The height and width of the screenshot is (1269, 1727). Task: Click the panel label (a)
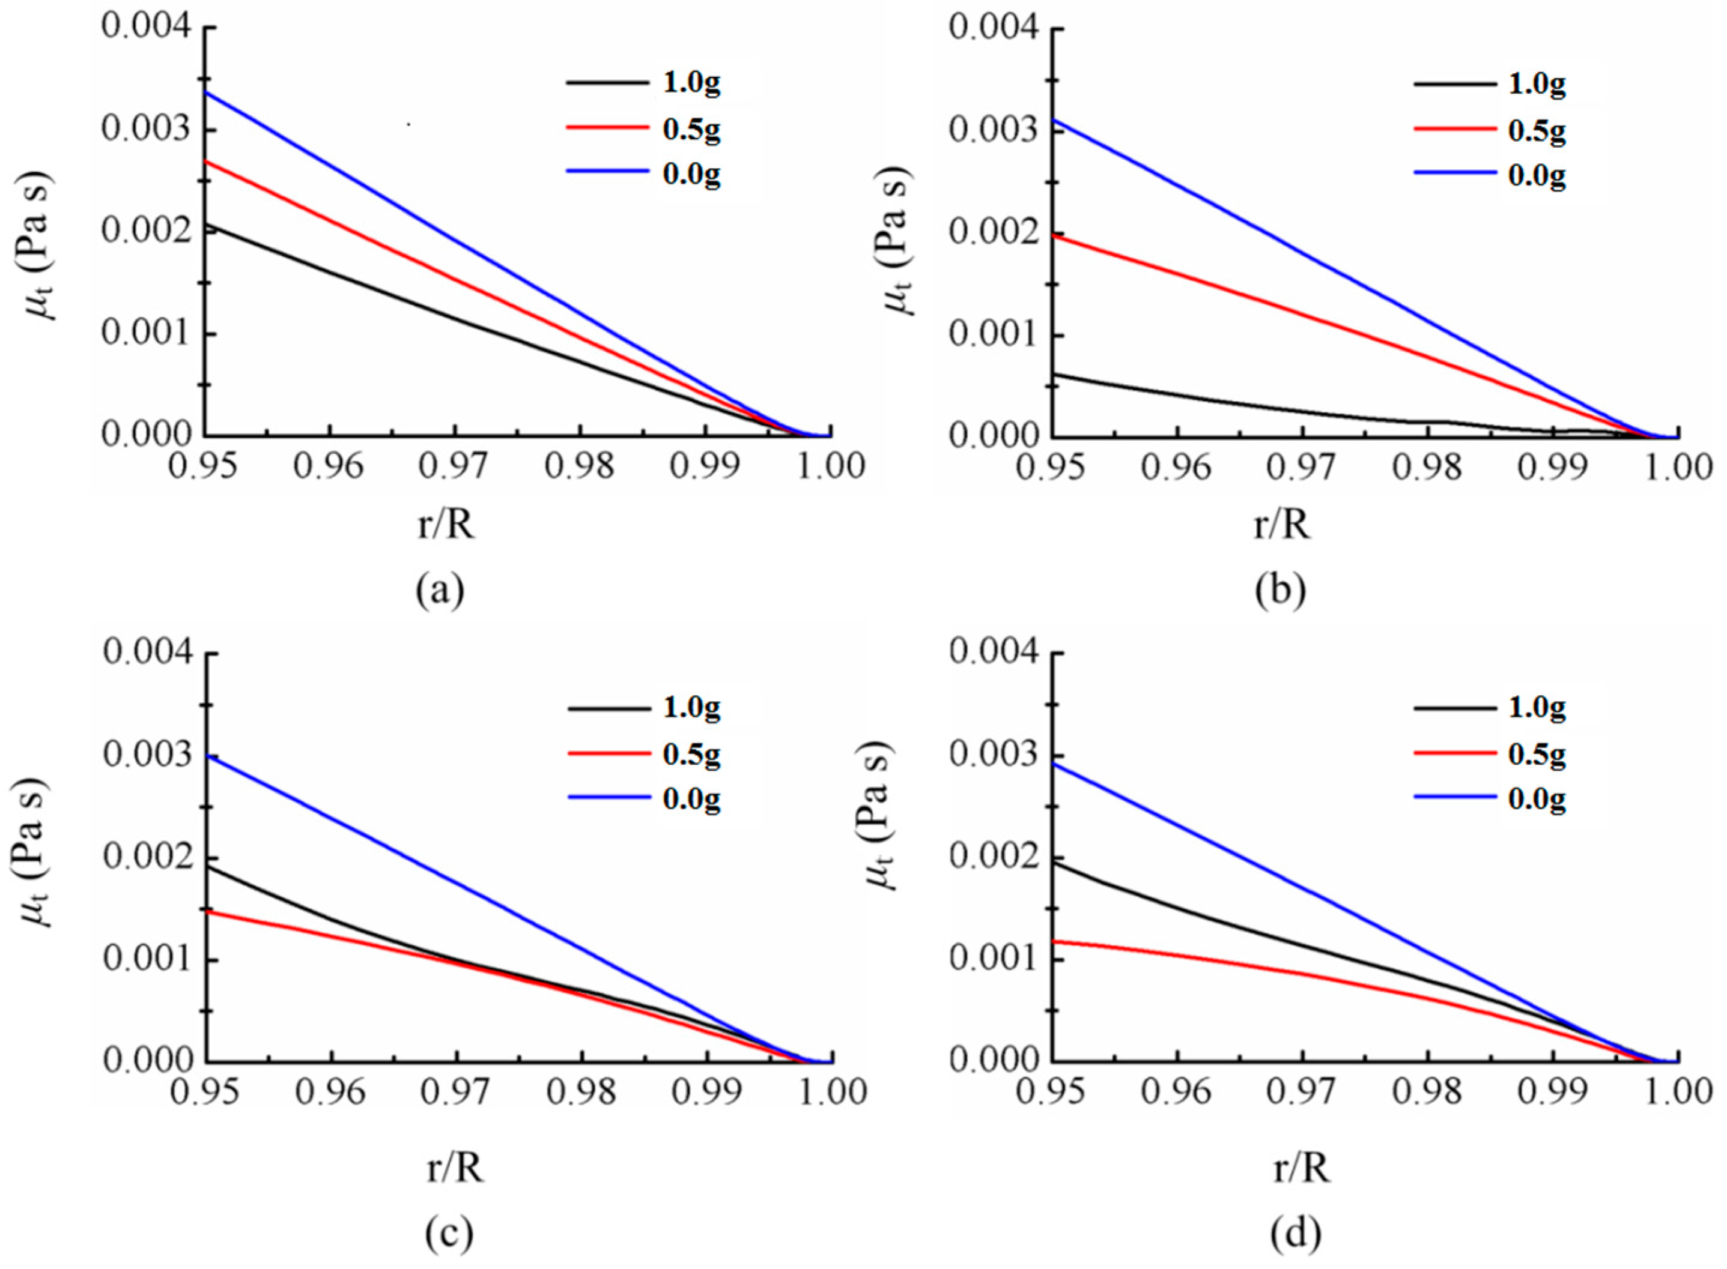point(440,591)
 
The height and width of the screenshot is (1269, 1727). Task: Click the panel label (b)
point(1279,591)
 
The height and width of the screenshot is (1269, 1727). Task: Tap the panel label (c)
point(449,1234)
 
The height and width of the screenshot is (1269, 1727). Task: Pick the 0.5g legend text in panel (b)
point(1537,131)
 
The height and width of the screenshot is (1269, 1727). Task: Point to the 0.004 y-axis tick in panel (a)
point(145,28)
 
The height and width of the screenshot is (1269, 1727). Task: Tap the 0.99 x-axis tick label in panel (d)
point(1553,1091)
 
